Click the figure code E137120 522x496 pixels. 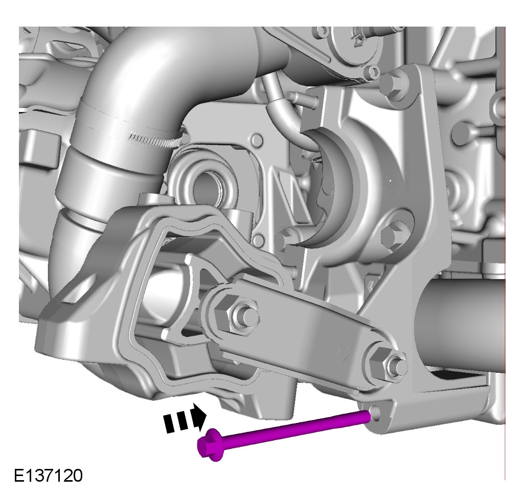point(48,476)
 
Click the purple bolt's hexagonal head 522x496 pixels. point(209,445)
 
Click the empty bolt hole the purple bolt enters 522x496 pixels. point(375,413)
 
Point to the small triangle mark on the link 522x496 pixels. point(343,352)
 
